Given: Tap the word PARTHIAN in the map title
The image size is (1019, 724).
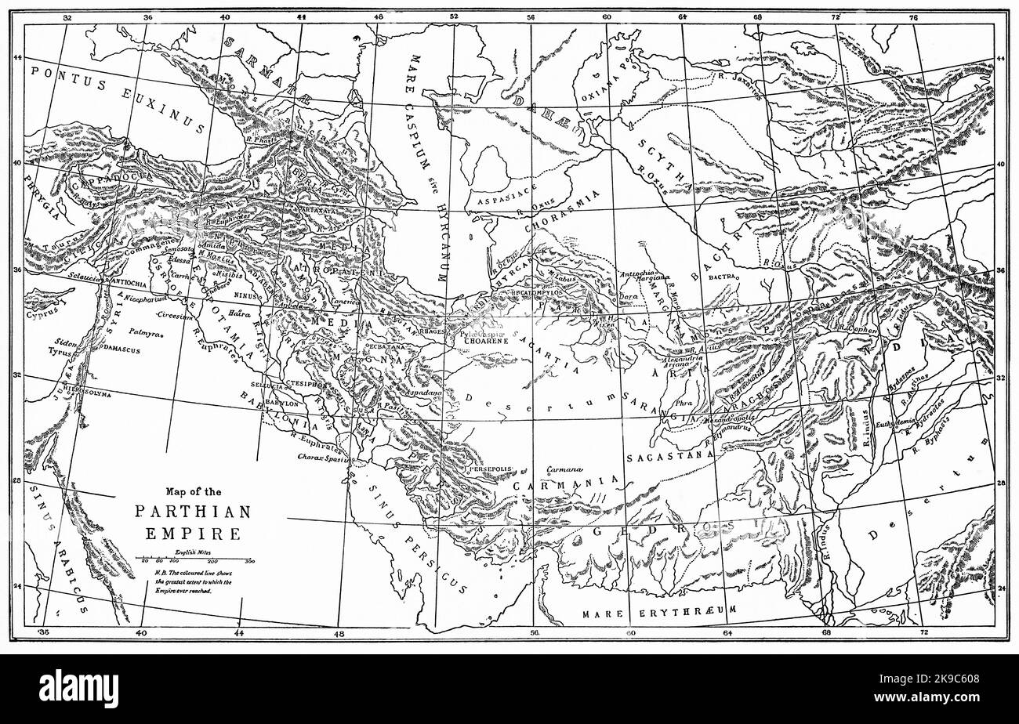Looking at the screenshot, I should (x=193, y=512).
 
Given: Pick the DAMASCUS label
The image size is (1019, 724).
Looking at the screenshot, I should (x=121, y=349).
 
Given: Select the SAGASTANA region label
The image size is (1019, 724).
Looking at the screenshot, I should (x=669, y=454).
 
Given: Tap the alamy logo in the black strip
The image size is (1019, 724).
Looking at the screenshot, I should (x=78, y=689).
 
